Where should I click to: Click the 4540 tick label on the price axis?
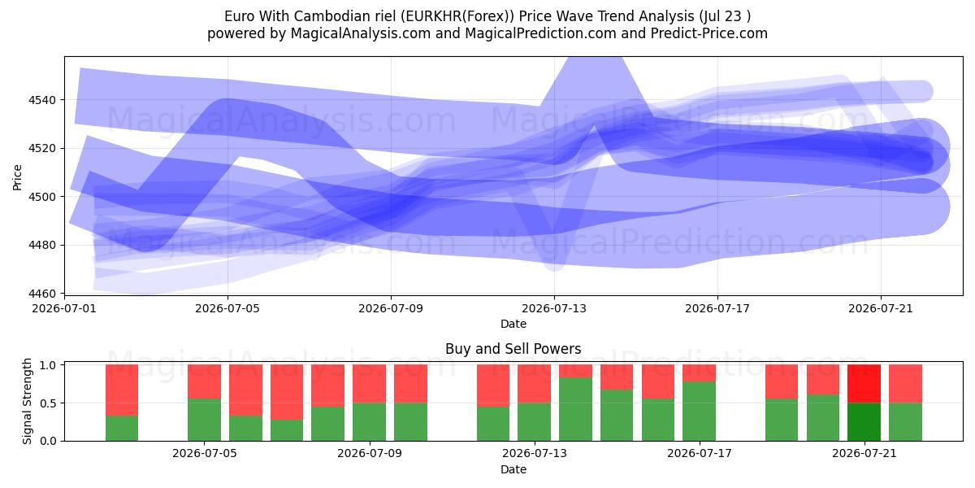click(x=42, y=100)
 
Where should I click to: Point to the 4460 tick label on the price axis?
click(x=42, y=294)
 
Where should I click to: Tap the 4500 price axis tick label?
click(x=42, y=197)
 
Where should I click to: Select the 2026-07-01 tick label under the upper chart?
click(x=64, y=308)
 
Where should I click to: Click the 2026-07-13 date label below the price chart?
click(x=554, y=308)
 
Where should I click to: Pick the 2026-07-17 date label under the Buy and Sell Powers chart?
click(x=700, y=453)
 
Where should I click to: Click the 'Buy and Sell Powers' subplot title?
click(x=513, y=349)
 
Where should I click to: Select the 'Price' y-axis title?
click(x=17, y=177)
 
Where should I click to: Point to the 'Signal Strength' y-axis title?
click(x=27, y=401)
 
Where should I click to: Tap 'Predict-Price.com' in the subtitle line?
click(x=709, y=33)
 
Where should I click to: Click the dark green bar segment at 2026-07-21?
click(x=864, y=422)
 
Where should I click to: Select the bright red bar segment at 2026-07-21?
click(x=864, y=384)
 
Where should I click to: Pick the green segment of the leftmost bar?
click(x=122, y=429)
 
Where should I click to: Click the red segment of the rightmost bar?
click(x=905, y=384)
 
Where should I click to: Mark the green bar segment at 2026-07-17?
click(x=699, y=412)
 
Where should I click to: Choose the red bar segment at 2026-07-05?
click(x=204, y=381)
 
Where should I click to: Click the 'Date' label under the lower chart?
click(x=513, y=469)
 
